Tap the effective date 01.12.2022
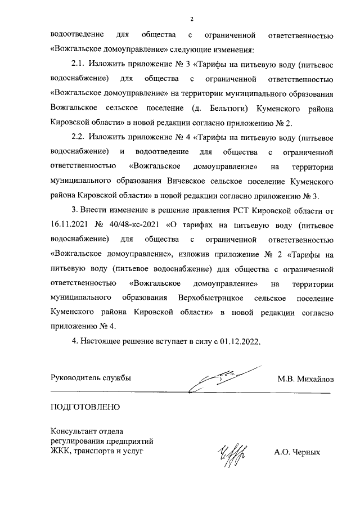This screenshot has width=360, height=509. point(242,341)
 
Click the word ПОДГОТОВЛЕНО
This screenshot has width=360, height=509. point(85,406)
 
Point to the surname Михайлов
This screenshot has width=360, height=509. point(314,379)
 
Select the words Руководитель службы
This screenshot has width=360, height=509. point(91,378)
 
